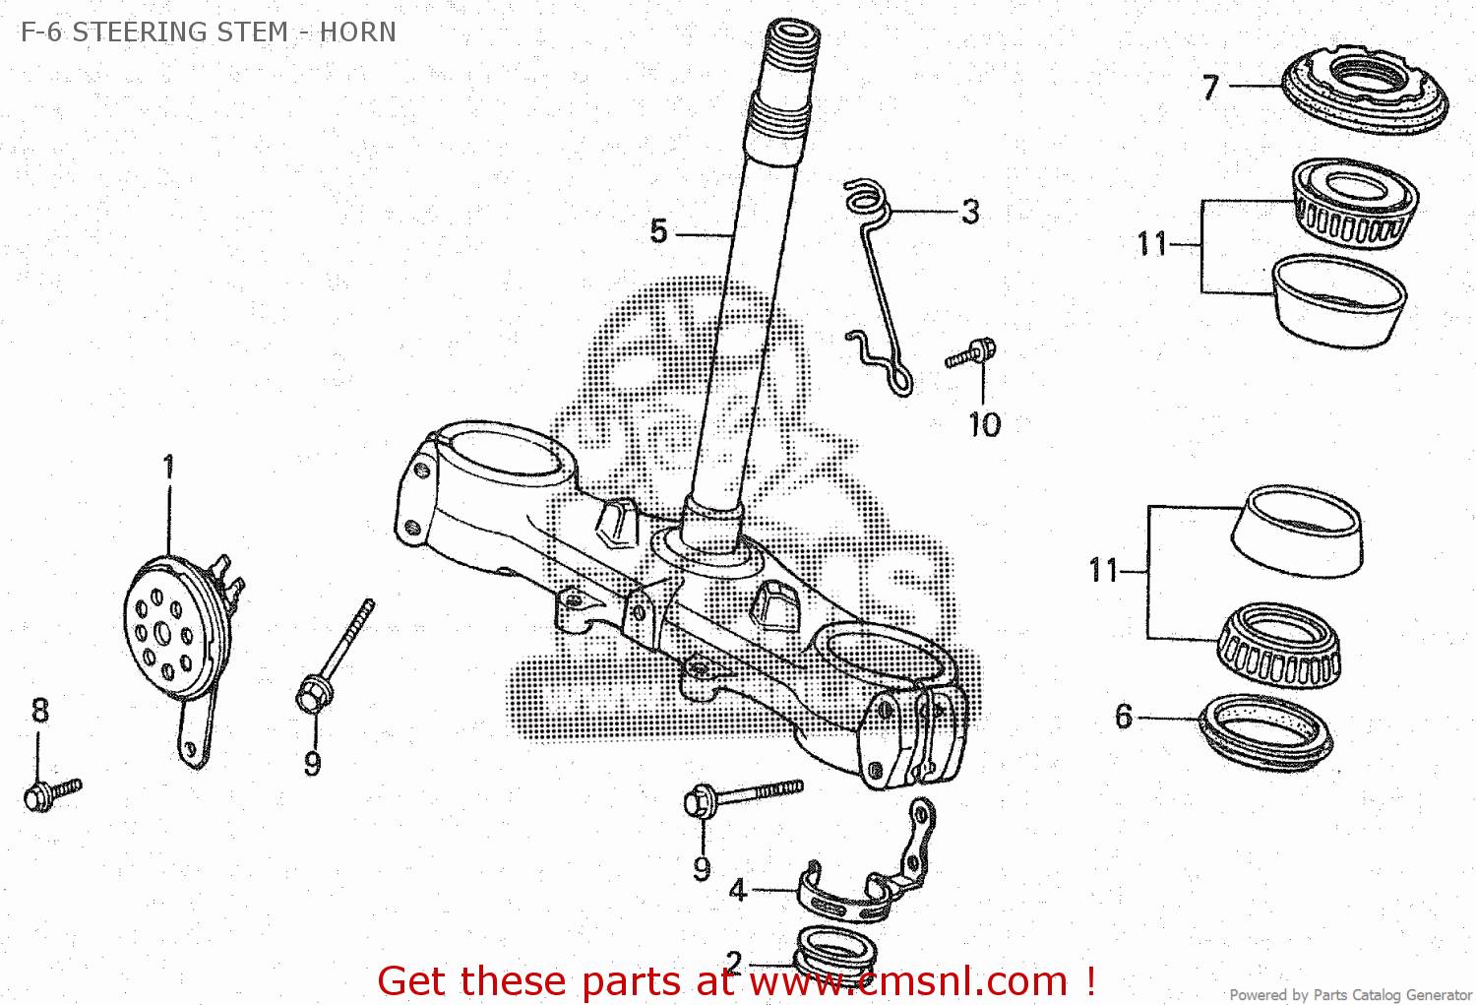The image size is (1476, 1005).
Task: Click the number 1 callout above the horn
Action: (168, 467)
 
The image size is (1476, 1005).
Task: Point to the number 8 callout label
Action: (39, 710)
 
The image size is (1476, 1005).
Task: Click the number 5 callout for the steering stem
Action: (658, 232)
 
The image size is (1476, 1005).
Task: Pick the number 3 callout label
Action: (970, 212)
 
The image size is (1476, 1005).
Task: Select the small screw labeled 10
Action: (972, 352)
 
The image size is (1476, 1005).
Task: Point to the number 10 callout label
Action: (983, 425)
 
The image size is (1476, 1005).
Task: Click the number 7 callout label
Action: (1210, 88)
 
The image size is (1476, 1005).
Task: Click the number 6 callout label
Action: (1124, 717)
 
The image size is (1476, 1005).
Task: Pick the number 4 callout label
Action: (738, 890)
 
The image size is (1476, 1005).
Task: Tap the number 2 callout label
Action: (733, 961)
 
